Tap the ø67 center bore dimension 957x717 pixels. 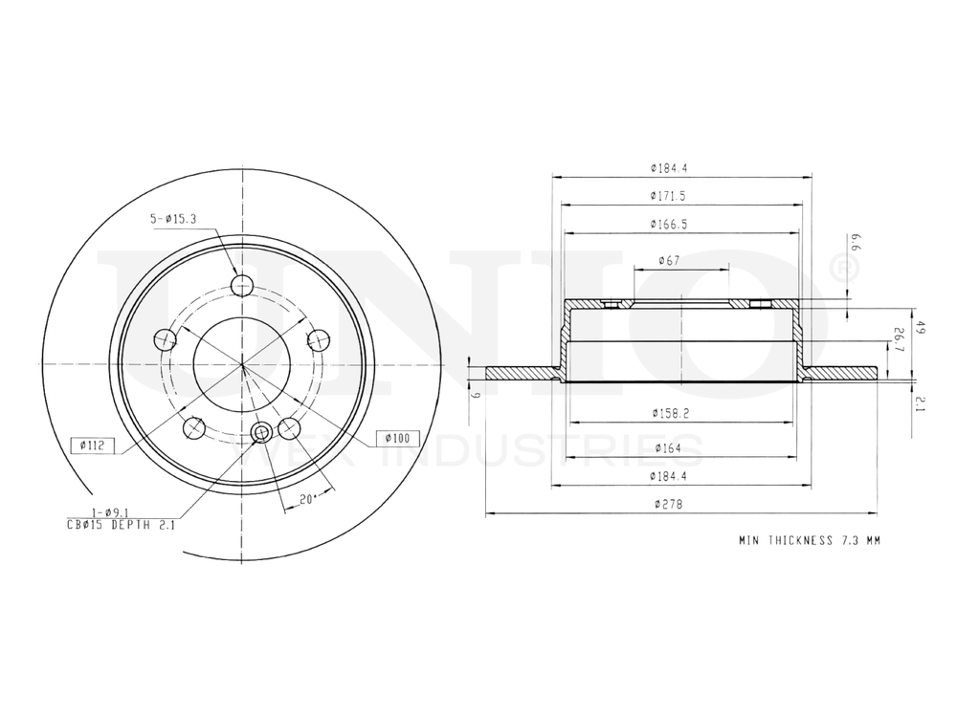669,261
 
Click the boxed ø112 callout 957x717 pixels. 94,445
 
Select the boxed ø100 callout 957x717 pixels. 397,438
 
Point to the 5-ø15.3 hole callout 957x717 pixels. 172,219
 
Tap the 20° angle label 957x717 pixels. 308,498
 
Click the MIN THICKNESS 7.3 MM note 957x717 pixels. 809,541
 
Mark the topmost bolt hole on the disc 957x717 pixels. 242,284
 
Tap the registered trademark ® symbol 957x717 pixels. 839,270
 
